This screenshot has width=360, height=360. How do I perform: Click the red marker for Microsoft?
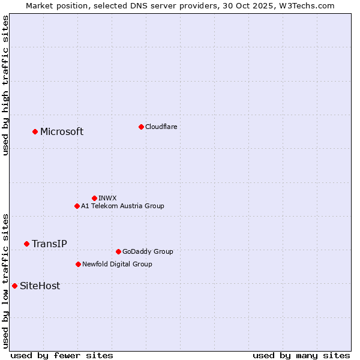click(35, 131)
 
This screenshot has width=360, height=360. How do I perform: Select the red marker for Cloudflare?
click(141, 127)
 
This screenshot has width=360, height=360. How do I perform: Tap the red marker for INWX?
click(94, 198)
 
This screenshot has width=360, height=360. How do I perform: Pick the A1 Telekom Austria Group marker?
click(77, 206)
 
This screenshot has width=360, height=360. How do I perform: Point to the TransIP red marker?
click(26, 244)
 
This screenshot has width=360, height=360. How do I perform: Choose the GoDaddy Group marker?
click(118, 251)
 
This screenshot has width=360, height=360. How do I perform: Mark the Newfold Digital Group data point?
click(78, 264)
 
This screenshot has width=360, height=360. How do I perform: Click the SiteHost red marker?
click(14, 286)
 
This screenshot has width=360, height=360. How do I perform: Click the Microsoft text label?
click(62, 132)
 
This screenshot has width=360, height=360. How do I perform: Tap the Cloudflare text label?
click(161, 127)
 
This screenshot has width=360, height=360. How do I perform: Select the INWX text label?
click(108, 199)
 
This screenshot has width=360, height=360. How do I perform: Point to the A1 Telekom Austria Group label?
click(122, 206)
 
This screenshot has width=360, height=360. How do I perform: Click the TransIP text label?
click(49, 244)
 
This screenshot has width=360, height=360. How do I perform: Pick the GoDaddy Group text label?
click(148, 252)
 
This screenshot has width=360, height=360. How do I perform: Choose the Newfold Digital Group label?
click(117, 265)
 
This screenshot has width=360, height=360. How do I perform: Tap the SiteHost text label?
click(40, 286)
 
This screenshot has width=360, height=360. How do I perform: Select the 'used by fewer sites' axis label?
click(62, 355)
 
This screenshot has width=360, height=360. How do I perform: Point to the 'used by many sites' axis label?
click(301, 355)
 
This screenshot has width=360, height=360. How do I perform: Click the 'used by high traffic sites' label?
click(5, 85)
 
